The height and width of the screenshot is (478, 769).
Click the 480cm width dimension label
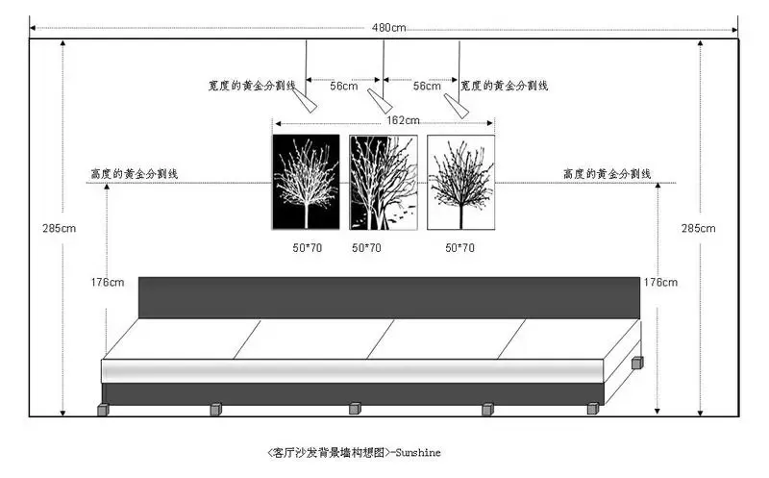[388, 28]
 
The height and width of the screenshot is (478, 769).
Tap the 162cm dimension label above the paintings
[403, 120]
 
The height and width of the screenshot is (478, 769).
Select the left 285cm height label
[59, 228]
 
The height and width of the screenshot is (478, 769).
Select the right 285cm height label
[698, 228]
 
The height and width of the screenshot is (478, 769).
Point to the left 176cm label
[108, 282]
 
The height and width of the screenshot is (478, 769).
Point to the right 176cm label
[660, 282]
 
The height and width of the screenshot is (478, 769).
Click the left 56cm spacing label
[344, 86]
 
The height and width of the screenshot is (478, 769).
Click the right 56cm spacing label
[427, 86]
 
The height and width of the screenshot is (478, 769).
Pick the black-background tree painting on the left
[306, 182]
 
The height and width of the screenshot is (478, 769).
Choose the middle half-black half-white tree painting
[384, 182]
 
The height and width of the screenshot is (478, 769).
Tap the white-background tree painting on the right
[461, 182]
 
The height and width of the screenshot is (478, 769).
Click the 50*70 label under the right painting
[459, 248]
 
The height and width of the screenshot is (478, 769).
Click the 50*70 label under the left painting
[307, 248]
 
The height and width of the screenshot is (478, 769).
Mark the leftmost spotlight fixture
[305, 101]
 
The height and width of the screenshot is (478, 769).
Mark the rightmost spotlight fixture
[456, 106]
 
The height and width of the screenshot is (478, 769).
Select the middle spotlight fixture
[380, 102]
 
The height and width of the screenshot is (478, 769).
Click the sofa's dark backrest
[389, 298]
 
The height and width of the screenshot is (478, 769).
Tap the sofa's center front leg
[355, 409]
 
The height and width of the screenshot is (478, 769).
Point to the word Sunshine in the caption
[418, 452]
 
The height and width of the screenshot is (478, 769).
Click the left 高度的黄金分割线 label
[135, 174]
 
